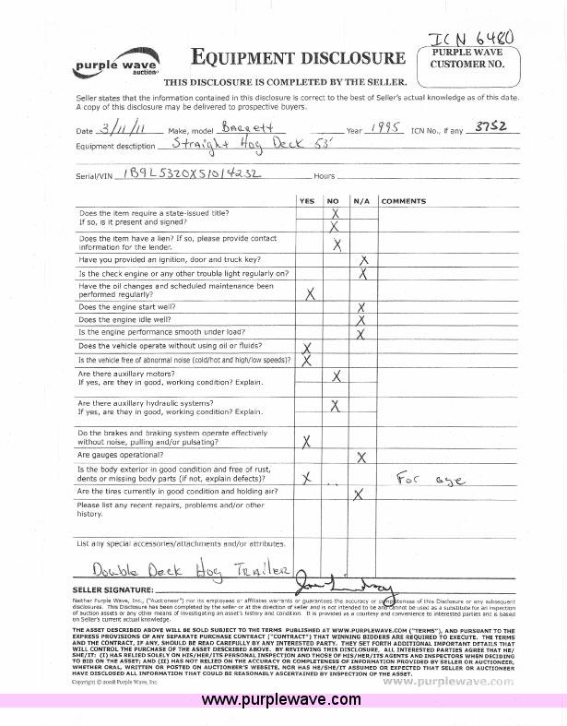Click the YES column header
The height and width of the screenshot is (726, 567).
coord(307,200)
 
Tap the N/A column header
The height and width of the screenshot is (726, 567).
coord(362,200)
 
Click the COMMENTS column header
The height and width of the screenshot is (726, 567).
coord(403,200)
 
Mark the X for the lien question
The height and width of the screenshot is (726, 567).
coord(337,244)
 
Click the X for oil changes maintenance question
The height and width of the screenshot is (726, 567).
coord(310,293)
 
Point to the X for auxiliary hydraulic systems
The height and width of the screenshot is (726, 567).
coord(336,406)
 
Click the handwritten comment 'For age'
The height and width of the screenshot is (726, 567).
coord(431,479)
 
